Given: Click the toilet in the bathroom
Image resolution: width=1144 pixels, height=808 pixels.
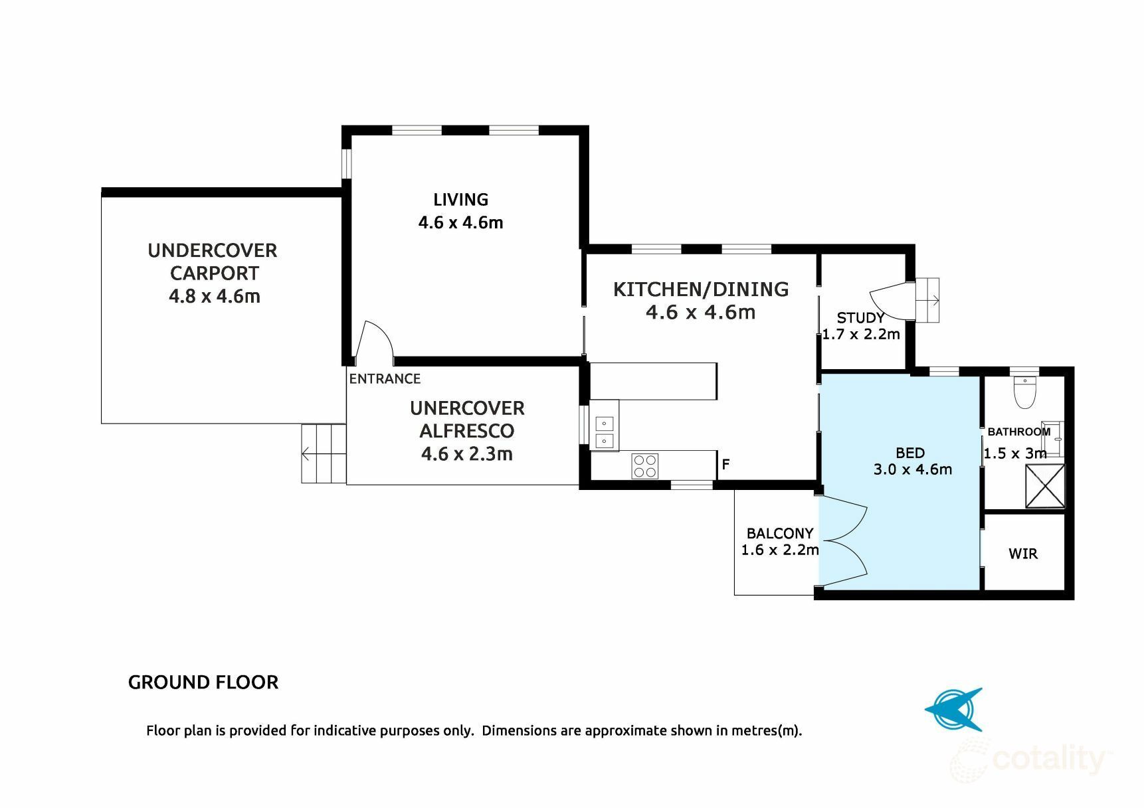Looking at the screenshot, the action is coord(1025,392).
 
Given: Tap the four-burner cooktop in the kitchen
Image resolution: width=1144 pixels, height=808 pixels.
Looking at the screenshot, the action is coord(645,465).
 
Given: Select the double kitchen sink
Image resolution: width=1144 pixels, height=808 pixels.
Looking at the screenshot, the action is coord(605,432).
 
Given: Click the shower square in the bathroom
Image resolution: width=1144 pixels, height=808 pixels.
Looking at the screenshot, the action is coord(1045,486).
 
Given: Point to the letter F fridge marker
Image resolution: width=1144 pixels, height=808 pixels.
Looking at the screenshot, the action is coord(726,464).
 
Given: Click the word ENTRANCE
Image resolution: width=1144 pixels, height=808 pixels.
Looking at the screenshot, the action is coord(385,378).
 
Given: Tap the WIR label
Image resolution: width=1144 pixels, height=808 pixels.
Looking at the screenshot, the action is coord(1022,554).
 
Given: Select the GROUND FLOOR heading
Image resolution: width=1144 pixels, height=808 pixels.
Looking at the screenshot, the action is coord(203,683).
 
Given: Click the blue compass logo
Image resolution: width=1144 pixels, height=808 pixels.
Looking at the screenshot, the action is coord(955,710).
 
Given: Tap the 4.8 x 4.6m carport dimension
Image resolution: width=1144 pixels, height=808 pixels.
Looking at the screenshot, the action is coord(215,296).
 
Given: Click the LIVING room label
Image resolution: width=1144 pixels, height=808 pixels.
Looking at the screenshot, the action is coord(460,199).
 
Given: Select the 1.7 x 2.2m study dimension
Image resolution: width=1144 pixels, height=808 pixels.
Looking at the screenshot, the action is coord(861,334).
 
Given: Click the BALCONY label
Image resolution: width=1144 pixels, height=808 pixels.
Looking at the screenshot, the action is coord(780,533).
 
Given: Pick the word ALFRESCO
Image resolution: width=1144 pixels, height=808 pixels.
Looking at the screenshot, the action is coord(467,431).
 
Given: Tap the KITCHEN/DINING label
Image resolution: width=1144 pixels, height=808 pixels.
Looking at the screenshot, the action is coord(701,289).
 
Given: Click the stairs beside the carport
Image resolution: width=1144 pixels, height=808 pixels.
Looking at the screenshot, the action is coord(324,453).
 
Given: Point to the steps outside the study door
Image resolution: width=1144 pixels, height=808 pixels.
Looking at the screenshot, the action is coord(927,300).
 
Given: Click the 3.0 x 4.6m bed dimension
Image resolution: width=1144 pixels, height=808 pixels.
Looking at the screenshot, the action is coord(913,469).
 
